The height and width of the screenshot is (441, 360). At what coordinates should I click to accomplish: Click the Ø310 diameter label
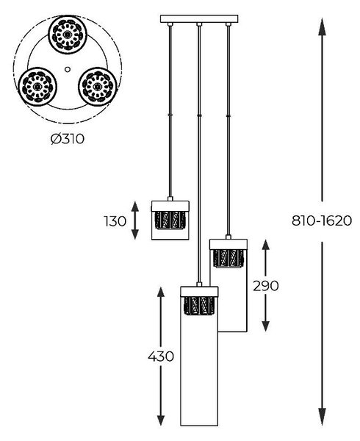click(x=68, y=139)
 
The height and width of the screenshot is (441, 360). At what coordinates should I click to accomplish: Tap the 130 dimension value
click(x=115, y=221)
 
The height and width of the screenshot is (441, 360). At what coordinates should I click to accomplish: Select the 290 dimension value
click(x=266, y=286)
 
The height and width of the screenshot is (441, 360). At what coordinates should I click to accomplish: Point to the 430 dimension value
click(x=161, y=356)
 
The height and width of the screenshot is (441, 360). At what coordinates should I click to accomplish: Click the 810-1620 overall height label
click(x=322, y=220)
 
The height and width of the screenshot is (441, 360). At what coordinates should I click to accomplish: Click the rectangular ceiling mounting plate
click(x=199, y=19)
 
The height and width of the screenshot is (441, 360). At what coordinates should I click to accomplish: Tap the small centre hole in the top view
click(x=68, y=69)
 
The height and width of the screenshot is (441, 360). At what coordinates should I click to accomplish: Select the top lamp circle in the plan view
click(x=68, y=35)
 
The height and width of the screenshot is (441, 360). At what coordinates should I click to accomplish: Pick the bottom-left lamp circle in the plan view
click(x=37, y=87)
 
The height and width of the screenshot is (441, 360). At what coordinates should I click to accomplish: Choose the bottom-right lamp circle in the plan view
click(x=98, y=87)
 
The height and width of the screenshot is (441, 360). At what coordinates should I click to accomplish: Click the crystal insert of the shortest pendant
click(x=170, y=220)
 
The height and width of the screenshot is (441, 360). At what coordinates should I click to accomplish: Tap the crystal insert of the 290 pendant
click(x=228, y=258)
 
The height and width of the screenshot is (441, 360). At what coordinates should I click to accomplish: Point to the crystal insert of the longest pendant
click(x=199, y=306)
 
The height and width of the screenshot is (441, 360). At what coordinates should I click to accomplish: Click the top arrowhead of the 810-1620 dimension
click(x=322, y=26)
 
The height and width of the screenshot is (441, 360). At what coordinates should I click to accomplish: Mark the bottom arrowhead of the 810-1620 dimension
click(x=322, y=416)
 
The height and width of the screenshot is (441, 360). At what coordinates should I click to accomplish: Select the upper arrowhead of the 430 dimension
click(x=161, y=293)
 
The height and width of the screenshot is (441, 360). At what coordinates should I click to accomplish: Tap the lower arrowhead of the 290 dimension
click(x=265, y=326)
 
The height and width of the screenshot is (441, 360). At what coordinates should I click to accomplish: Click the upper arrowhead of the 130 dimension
click(x=135, y=207)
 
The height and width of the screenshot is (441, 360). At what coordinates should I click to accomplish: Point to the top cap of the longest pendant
click(x=199, y=291)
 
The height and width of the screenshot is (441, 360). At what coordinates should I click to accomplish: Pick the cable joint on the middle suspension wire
click(x=199, y=115)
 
